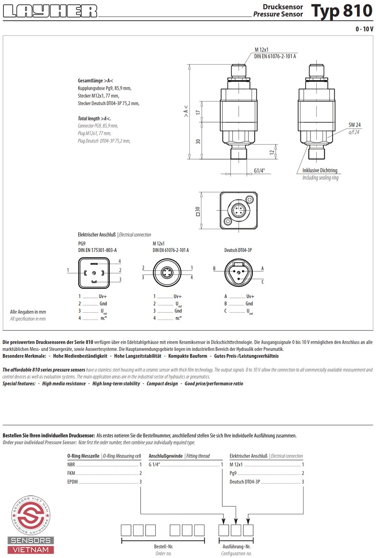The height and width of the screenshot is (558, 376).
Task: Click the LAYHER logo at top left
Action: click(x=50, y=11)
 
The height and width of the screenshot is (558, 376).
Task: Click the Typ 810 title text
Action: click(x=342, y=11)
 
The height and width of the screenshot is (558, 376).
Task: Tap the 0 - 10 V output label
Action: click(x=364, y=29)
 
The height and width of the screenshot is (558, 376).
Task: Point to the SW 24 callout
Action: click(x=354, y=125)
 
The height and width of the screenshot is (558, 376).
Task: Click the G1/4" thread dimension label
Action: click(x=259, y=171)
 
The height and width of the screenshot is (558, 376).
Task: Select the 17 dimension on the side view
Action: click(x=198, y=112)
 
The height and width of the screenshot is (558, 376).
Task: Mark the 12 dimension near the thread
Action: click(x=272, y=152)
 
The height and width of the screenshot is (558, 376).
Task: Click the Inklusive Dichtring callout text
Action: click(x=320, y=170)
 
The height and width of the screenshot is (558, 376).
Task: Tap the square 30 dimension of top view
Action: click(x=197, y=211)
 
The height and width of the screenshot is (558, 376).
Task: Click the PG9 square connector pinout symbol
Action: click(x=94, y=273)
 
